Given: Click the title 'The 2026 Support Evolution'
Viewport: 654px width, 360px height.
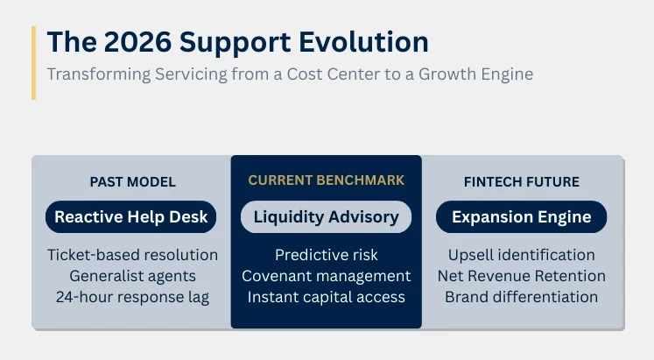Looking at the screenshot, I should tap(237, 42).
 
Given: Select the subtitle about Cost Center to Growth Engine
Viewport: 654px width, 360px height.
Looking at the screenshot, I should tap(290, 74).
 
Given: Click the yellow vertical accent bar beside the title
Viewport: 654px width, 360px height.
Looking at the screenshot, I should tap(33, 62).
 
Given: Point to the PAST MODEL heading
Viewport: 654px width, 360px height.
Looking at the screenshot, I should tap(132, 182).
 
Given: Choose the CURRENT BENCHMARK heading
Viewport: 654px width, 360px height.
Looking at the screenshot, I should tap(327, 180).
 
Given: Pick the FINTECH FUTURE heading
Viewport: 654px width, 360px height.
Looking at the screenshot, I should tap(521, 182).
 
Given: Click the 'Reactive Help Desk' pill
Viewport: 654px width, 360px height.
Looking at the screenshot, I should tap(131, 216).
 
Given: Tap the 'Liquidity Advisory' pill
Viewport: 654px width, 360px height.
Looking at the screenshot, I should tap(327, 216).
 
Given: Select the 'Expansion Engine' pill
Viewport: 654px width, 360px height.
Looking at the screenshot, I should tap(521, 216).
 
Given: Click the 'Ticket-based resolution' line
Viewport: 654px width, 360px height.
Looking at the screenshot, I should tap(132, 255).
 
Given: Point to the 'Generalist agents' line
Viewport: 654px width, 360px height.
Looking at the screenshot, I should tap(132, 276).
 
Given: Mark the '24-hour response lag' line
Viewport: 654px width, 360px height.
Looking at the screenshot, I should tap(132, 297).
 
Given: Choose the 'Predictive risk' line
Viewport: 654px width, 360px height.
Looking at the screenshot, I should tap(327, 255).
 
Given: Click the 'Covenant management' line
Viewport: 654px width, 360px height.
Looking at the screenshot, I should tap(327, 276).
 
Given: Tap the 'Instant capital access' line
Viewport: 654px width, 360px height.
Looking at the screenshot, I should tap(327, 297).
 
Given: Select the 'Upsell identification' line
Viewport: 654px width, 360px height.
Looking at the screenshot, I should tap(521, 255).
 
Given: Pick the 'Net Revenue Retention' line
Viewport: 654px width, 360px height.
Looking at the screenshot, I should tap(521, 276).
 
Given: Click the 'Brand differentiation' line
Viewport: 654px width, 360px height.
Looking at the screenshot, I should tap(521, 297).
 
